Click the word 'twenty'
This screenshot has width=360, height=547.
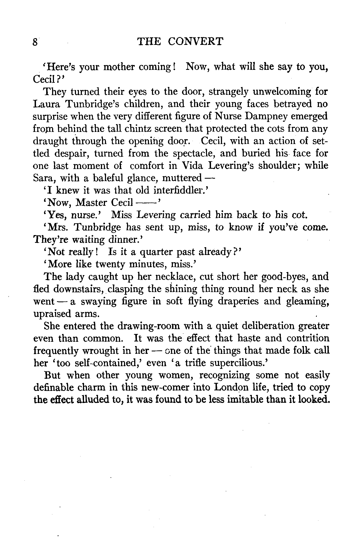click(110, 265)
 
